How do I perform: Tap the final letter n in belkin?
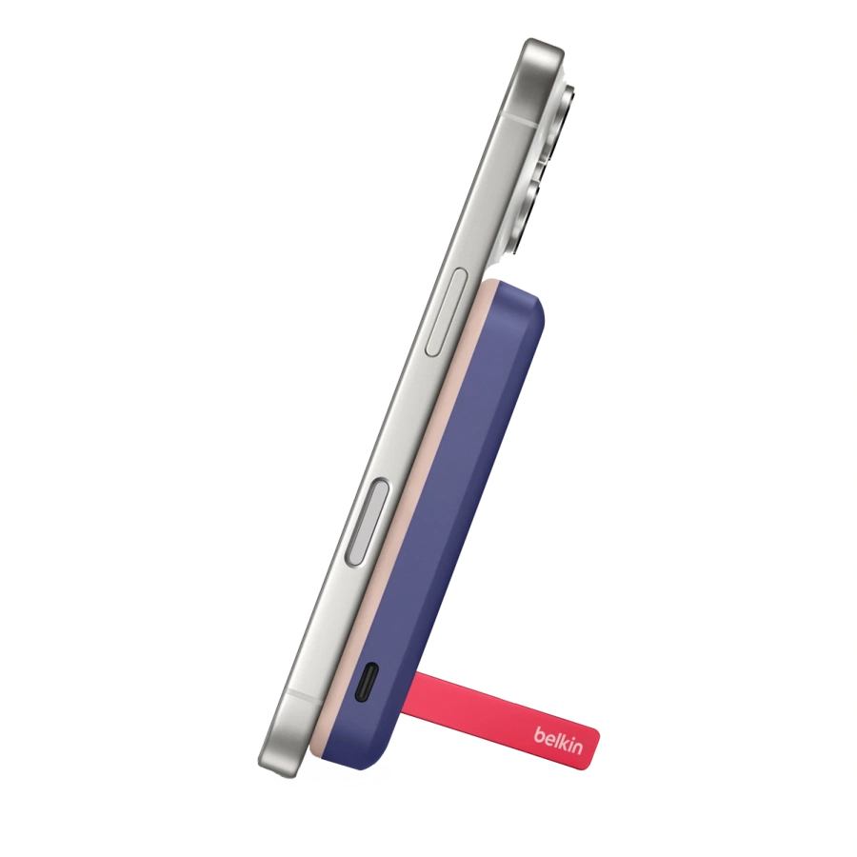click(576, 747)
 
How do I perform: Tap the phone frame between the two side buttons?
click(400, 419)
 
